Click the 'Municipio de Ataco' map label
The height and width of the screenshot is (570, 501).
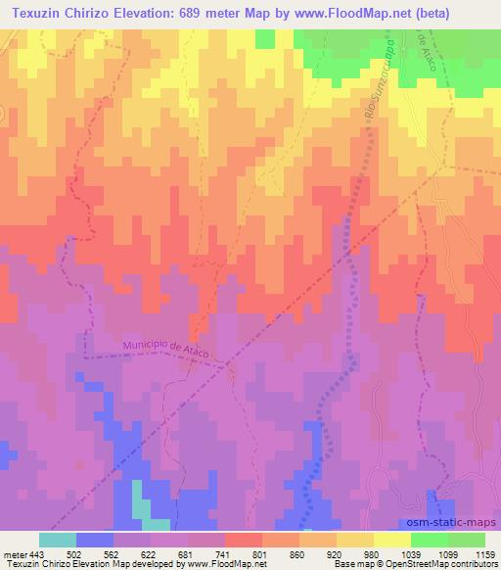tap(166, 345)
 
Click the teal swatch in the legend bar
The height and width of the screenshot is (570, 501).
tap(58, 540)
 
